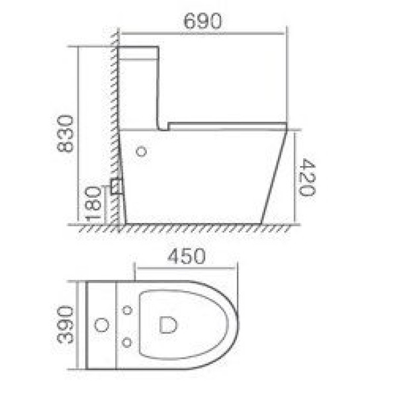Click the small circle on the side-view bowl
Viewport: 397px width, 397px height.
click(140, 152)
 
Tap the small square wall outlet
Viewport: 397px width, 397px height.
click(117, 186)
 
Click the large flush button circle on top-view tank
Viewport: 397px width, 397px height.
click(102, 325)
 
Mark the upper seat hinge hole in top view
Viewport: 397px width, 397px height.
click(127, 309)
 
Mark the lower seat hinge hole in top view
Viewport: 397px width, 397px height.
click(127, 341)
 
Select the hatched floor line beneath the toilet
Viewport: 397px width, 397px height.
click(185, 228)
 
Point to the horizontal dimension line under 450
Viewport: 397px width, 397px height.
click(186, 268)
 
